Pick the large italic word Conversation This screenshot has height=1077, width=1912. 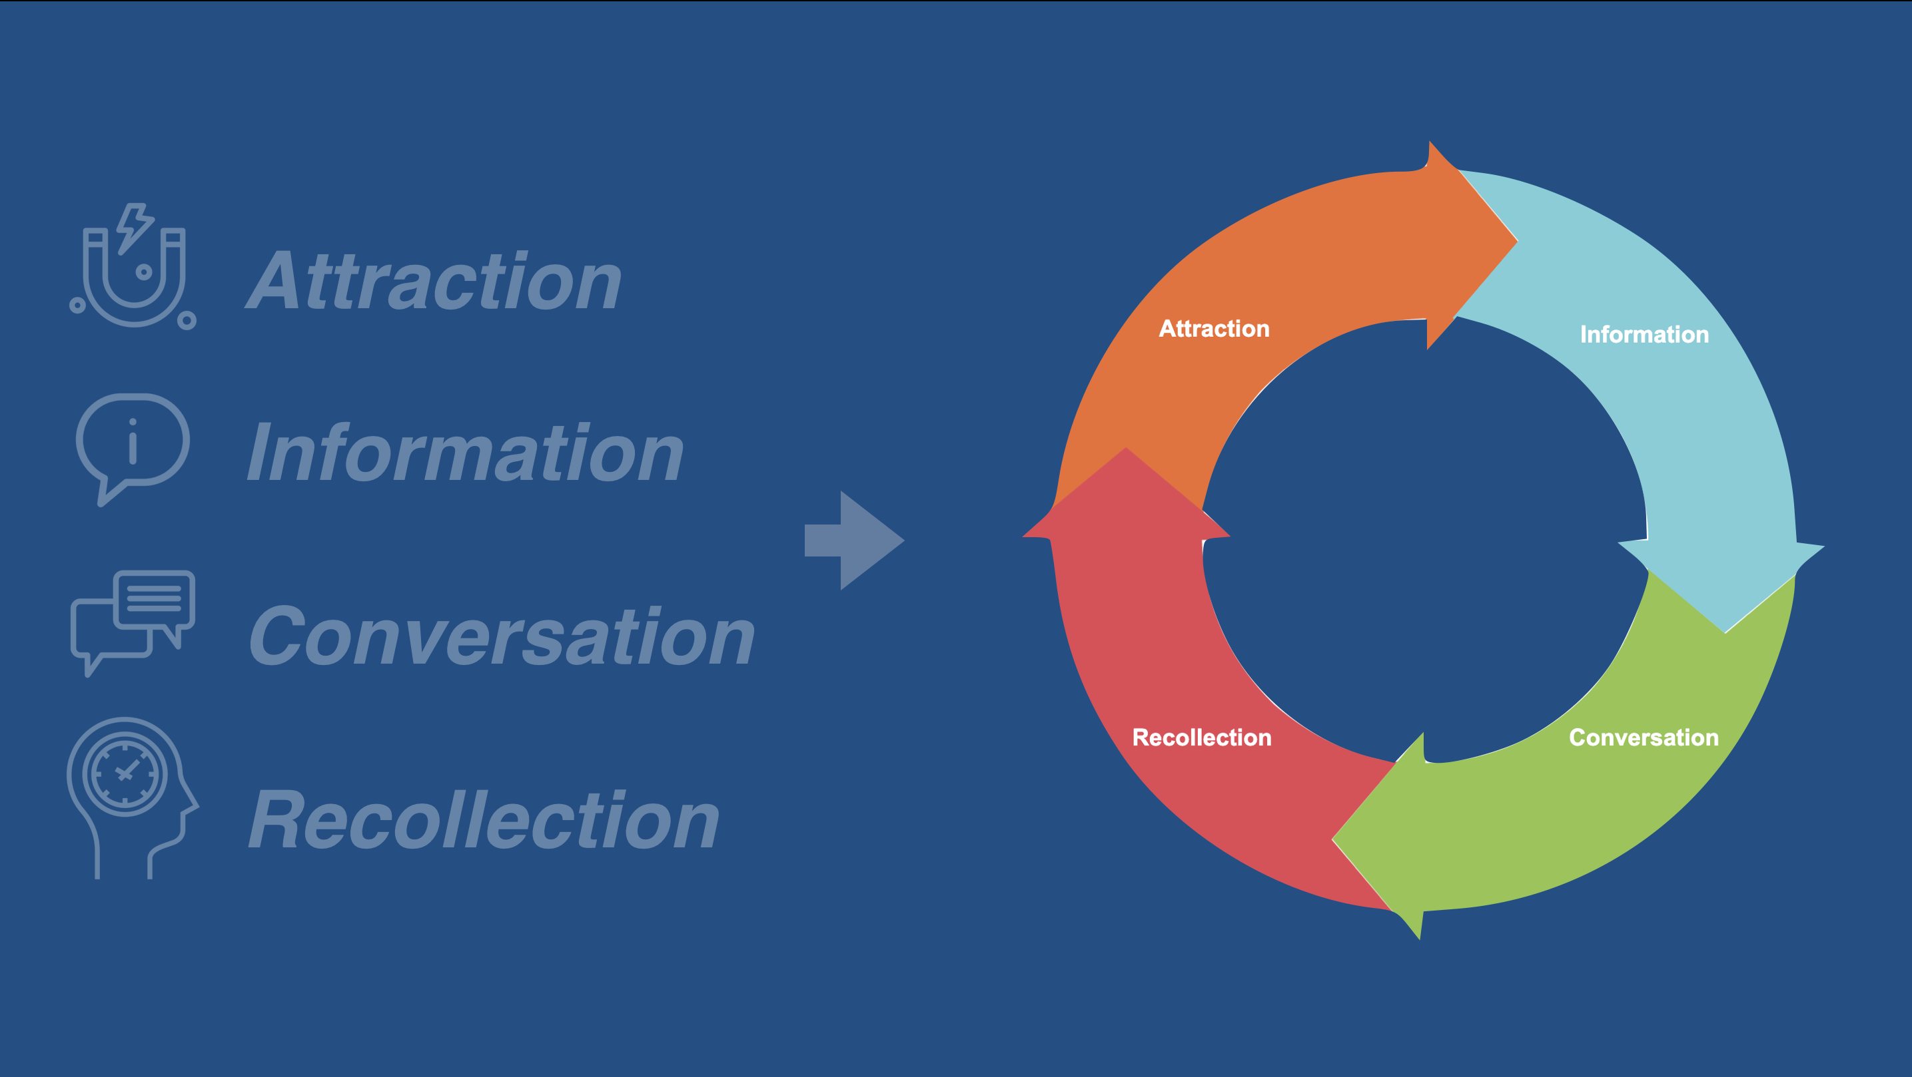[x=502, y=635]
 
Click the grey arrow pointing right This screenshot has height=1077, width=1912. [x=854, y=540]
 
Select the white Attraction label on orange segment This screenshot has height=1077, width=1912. [x=1214, y=329]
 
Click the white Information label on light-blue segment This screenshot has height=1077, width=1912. [x=1645, y=335]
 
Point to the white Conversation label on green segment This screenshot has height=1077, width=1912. [x=1644, y=738]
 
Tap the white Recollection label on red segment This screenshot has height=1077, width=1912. [x=1202, y=738]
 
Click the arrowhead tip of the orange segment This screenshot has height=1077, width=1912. [x=1517, y=240]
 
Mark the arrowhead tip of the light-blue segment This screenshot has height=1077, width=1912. [x=1725, y=633]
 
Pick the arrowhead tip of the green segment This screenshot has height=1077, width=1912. [x=1332, y=839]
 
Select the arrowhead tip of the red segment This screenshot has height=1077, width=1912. [x=1126, y=447]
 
